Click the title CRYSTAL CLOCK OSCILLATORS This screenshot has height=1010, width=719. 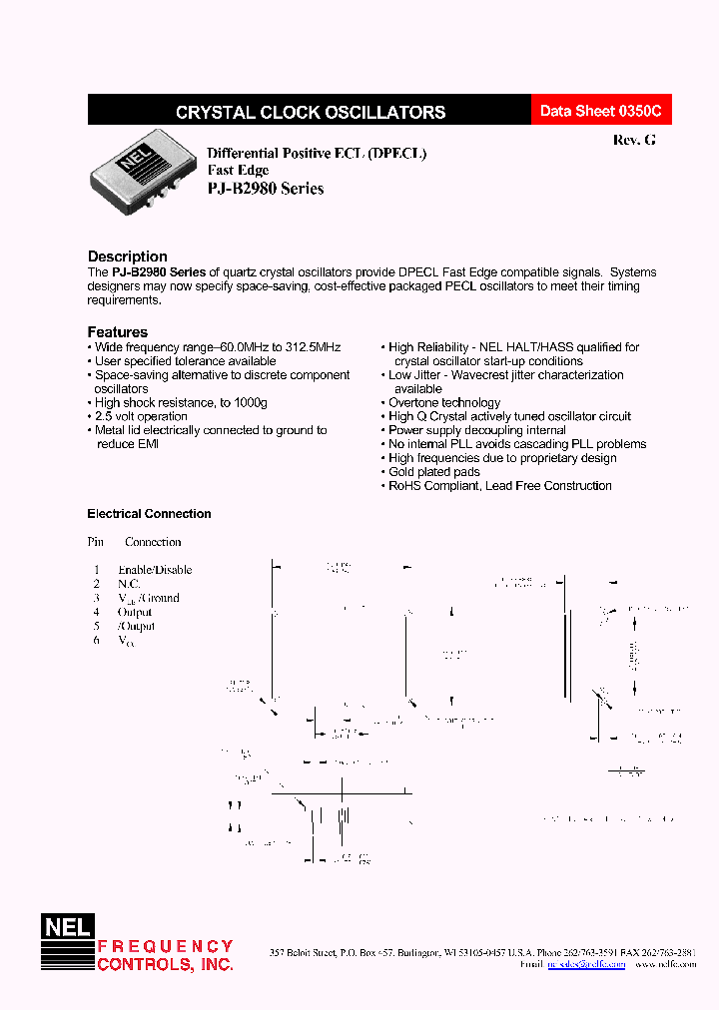click(311, 113)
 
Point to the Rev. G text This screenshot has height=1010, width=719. click(634, 141)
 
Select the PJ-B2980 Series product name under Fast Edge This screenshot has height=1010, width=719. click(265, 188)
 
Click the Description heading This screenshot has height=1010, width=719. click(128, 256)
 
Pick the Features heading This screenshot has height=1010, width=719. click(118, 332)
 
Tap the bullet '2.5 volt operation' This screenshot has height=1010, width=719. click(140, 416)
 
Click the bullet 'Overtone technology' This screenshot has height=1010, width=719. click(443, 402)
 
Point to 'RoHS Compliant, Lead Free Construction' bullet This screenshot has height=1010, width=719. click(499, 486)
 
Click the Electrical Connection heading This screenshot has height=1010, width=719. click(150, 514)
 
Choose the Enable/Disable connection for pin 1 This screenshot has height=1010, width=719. click(155, 570)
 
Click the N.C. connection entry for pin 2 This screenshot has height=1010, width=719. click(129, 584)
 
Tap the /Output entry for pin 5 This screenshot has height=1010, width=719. click(136, 626)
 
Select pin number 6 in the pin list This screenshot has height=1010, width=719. click(97, 640)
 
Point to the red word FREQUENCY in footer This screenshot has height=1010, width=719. click(165, 946)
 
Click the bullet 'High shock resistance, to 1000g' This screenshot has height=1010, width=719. click(181, 402)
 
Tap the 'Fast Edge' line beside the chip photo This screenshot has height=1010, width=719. click(238, 171)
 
